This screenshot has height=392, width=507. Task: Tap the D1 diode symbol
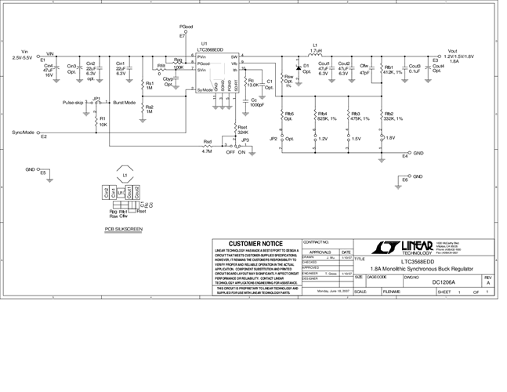[x=298, y=67]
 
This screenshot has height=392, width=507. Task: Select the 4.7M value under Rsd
[x=207, y=151]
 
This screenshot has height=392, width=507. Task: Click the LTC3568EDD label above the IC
[x=215, y=49]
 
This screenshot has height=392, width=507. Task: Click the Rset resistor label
[x=243, y=129]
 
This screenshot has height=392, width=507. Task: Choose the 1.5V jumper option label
[x=357, y=138]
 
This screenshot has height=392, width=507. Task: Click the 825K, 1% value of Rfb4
[x=327, y=118]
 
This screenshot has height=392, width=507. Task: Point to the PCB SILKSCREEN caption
[x=125, y=230]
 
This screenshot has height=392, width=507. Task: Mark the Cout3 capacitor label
[x=415, y=66]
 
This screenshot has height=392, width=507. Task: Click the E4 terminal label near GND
[x=404, y=157]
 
